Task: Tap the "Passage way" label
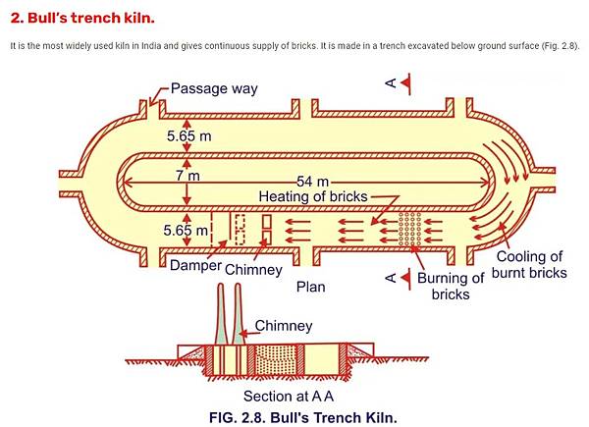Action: coord(214,88)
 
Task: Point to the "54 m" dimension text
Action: coord(313,182)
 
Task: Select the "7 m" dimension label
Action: coord(187,176)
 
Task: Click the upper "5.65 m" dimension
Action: coord(188,135)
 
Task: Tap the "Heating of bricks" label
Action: coord(312,196)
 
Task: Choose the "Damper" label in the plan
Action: coord(193,266)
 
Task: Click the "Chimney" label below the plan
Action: coord(253,269)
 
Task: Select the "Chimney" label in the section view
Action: coord(284,325)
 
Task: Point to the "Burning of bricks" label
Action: coord(451,286)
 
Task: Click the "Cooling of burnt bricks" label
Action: coord(530,265)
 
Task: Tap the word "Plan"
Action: coord(310,288)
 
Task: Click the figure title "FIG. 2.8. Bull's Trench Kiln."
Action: coord(301,416)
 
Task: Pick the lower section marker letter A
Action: coord(391,279)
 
